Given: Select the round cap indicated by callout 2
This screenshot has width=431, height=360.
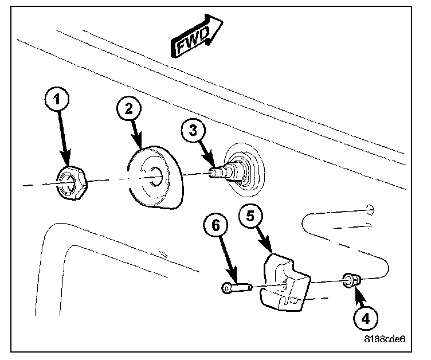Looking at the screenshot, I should pyautogui.click(x=153, y=178).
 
